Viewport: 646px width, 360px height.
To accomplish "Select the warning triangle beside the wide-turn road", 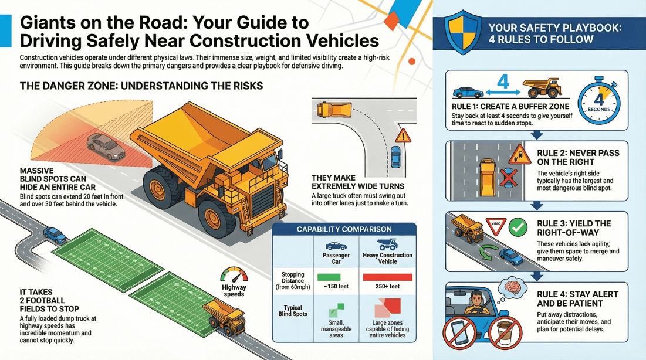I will point(403,137).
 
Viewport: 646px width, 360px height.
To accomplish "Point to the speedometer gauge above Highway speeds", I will point(235,277).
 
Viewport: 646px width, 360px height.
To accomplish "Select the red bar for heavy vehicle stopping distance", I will point(387,277).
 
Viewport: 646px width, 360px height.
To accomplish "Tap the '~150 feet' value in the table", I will point(336,287).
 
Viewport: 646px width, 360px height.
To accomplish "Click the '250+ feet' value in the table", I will point(387,287).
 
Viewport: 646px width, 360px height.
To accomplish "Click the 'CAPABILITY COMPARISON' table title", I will point(344,229).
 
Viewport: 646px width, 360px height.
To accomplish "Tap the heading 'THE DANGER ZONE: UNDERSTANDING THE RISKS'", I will point(141,86).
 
